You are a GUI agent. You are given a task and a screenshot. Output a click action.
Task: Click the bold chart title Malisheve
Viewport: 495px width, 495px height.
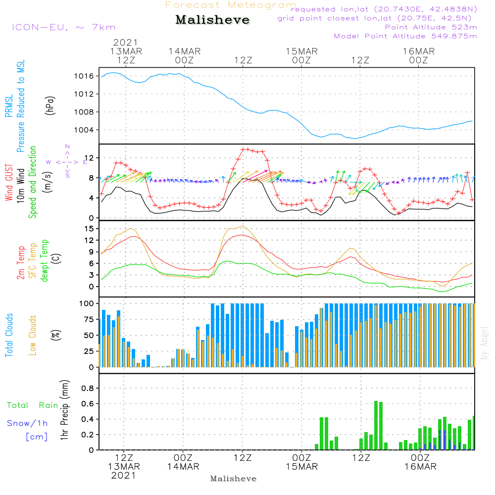[212, 20]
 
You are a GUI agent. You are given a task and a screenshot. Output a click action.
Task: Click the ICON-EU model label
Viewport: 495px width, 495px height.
[63, 27]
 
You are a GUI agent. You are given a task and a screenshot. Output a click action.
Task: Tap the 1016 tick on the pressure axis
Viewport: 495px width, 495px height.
[84, 76]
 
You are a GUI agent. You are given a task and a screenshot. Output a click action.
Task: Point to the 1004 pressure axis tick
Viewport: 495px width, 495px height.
[84, 130]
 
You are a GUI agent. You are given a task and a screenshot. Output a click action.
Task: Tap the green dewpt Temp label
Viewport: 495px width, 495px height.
[45, 260]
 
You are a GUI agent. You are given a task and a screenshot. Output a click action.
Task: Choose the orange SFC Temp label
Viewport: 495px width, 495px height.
[33, 260]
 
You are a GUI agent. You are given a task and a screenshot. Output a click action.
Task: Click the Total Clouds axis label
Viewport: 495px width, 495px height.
[9, 335]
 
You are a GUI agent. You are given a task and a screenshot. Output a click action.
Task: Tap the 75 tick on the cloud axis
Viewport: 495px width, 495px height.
[89, 320]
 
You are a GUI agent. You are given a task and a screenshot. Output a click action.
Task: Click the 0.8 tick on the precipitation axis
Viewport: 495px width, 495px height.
[87, 389]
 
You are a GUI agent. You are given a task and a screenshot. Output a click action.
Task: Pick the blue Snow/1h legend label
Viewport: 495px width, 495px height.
[27, 423]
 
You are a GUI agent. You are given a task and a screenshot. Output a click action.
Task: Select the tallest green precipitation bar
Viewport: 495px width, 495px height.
[376, 425]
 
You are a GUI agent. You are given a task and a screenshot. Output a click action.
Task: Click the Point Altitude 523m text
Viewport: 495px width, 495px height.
[431, 27]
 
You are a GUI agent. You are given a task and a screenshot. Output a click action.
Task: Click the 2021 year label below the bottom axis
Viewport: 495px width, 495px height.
[123, 476]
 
